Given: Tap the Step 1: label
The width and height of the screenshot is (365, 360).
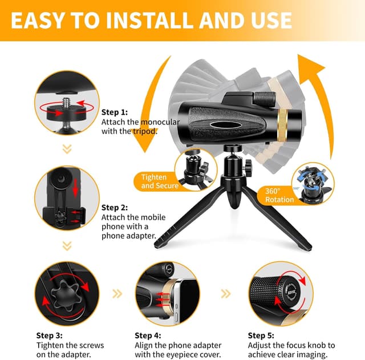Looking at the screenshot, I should point(115,112).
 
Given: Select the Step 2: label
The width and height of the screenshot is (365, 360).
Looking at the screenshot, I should point(115,208).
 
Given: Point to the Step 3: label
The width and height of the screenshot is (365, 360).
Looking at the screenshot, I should point(50,335).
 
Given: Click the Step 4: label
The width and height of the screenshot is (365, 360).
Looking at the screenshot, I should point(148,335).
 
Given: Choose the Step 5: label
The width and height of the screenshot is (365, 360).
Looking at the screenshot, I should point(262,335).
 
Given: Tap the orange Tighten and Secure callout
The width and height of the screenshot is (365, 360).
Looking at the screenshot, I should point(160,181).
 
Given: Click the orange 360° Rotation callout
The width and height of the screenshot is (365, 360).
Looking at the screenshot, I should point(279,195).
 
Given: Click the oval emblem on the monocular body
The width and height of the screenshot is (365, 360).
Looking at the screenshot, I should point(221,123).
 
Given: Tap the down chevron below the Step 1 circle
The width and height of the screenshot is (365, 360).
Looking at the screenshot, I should point(67,149).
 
